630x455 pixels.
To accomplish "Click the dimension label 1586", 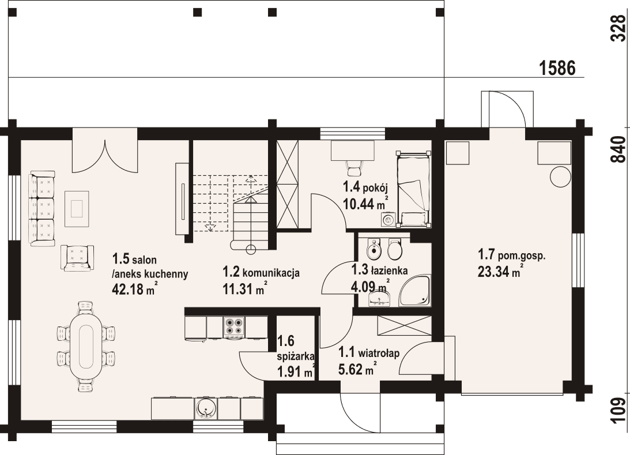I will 557,68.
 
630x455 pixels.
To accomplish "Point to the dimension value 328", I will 618,28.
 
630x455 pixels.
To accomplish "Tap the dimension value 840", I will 618,150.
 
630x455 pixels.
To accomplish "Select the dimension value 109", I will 618,411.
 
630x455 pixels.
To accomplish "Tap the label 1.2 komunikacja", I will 261,273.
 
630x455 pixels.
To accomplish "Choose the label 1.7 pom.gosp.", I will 511,254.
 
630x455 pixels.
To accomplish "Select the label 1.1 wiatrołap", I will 368,351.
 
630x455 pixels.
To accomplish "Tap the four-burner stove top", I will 234,327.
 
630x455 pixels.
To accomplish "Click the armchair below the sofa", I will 77,257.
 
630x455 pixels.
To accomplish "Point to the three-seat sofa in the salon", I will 42,209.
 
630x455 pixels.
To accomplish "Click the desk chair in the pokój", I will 354,168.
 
